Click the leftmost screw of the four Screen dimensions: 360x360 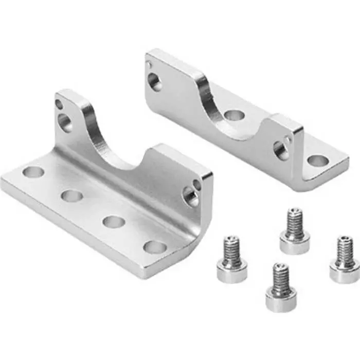pyautogui.click(x=232, y=259)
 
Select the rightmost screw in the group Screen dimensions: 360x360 pyautogui.click(x=345, y=260)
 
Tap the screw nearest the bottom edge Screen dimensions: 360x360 pyautogui.click(x=281, y=288)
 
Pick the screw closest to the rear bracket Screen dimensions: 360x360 pyautogui.click(x=295, y=231)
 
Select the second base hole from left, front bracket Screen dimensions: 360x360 pyautogui.click(x=71, y=195)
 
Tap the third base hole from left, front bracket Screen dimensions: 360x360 pyautogui.click(x=114, y=222)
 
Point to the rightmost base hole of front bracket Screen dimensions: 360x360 pyautogui.click(x=155, y=247)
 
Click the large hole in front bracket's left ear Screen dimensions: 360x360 pyautogui.click(x=64, y=122)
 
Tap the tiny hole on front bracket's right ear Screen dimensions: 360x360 pyautogui.click(x=197, y=183)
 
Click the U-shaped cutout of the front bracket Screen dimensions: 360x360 pyautogui.click(x=121, y=147)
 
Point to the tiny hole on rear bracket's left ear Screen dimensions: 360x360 pyautogui.click(x=149, y=65)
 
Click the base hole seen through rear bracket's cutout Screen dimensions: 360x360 pyautogui.click(x=234, y=115)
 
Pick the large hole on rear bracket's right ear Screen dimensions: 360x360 pyautogui.click(x=281, y=150)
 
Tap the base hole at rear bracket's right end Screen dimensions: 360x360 pyautogui.click(x=318, y=160)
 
